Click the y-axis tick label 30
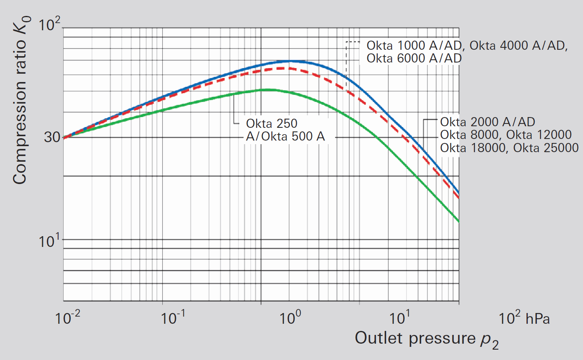(52, 137)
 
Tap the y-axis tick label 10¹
(49, 241)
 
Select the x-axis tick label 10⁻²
(68, 318)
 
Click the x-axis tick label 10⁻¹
(173, 318)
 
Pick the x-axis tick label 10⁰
(290, 318)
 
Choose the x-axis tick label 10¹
(399, 318)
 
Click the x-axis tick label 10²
(509, 318)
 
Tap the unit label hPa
(538, 319)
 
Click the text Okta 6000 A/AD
(414, 59)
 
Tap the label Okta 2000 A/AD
(487, 122)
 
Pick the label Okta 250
(271, 123)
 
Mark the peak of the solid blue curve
(291, 61)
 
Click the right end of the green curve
(458, 221)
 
